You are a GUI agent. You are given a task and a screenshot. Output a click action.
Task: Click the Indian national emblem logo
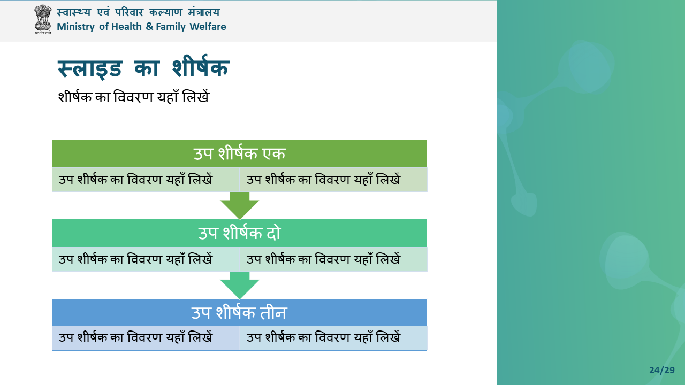43,19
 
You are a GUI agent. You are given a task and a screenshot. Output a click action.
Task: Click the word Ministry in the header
75,27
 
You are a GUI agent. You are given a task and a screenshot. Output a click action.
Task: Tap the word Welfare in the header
208,27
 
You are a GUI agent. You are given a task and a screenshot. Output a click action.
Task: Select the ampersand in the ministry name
149,27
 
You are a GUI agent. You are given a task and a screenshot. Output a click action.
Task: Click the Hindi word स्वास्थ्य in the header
74,12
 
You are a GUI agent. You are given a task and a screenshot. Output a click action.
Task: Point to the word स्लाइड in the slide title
90,68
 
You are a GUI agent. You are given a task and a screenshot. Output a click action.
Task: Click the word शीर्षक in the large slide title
200,66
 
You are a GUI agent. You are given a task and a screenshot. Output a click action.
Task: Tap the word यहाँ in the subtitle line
168,97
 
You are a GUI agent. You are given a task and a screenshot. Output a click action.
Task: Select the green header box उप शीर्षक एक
240,153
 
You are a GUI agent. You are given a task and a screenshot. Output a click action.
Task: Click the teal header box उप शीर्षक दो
240,233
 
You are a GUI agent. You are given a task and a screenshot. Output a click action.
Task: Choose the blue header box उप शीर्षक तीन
240,312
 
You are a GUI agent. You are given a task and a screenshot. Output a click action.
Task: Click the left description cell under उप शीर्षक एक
146,180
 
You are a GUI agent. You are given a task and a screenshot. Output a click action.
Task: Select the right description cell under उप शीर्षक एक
333,180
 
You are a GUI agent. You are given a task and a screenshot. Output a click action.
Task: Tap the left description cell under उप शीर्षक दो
146,259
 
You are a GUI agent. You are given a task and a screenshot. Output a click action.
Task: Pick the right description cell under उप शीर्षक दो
333,259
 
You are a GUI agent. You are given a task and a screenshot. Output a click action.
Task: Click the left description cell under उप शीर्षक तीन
146,338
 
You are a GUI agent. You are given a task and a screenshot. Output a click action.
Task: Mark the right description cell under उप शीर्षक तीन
333,338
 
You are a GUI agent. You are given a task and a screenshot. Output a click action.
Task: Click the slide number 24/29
662,371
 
